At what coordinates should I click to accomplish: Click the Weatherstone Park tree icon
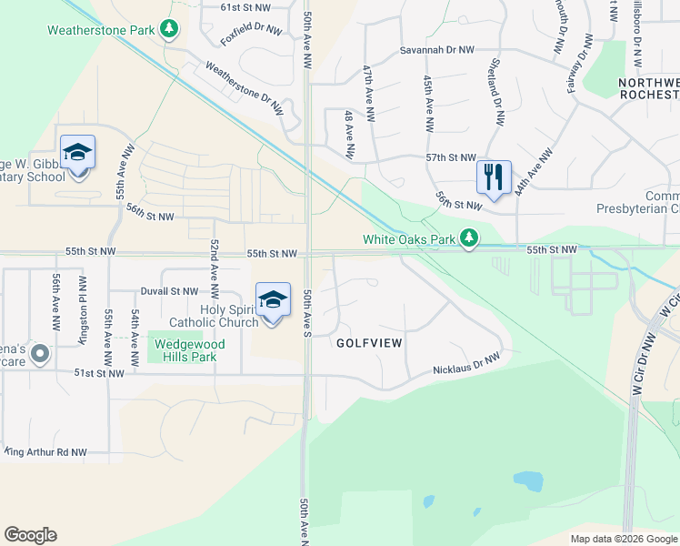click(168, 29)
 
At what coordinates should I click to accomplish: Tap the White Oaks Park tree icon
click(469, 238)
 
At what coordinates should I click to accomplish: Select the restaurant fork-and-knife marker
click(494, 176)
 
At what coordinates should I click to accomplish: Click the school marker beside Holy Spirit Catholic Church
click(272, 300)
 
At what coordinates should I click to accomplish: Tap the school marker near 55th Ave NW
click(78, 154)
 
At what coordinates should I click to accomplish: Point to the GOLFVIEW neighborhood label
click(369, 343)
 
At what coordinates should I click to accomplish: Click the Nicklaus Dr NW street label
click(466, 365)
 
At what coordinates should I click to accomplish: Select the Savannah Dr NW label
click(436, 50)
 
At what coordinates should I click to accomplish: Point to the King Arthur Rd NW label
click(45, 451)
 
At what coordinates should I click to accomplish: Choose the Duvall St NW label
click(169, 291)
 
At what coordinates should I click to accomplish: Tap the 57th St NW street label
click(451, 158)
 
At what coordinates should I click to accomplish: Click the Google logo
click(30, 535)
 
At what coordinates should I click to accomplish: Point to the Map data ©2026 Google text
click(623, 539)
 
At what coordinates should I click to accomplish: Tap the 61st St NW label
click(245, 7)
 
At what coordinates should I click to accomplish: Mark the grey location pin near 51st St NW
click(38, 353)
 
